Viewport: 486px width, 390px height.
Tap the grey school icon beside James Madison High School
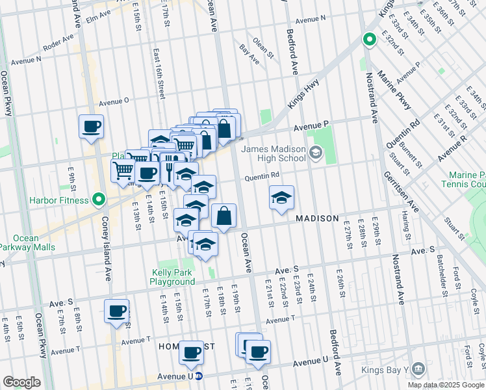[x=316, y=153]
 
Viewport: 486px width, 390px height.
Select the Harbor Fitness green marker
[x=98, y=199]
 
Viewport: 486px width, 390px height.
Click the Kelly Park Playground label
[x=173, y=277]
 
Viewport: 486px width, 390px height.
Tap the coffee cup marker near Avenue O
[x=91, y=126]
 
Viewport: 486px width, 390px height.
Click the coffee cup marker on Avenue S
[x=117, y=311]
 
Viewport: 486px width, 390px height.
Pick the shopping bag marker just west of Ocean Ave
[x=224, y=216]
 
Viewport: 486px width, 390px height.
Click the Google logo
[x=21, y=382]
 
